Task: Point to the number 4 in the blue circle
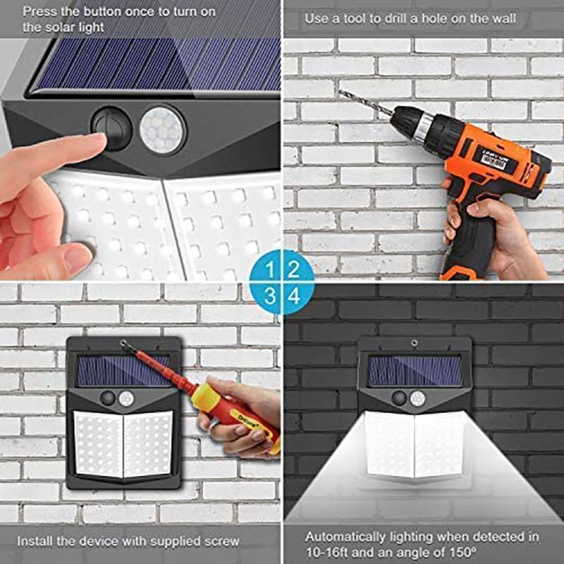click(x=295, y=296)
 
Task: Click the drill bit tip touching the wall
click(x=342, y=92)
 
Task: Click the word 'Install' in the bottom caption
click(x=32, y=541)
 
